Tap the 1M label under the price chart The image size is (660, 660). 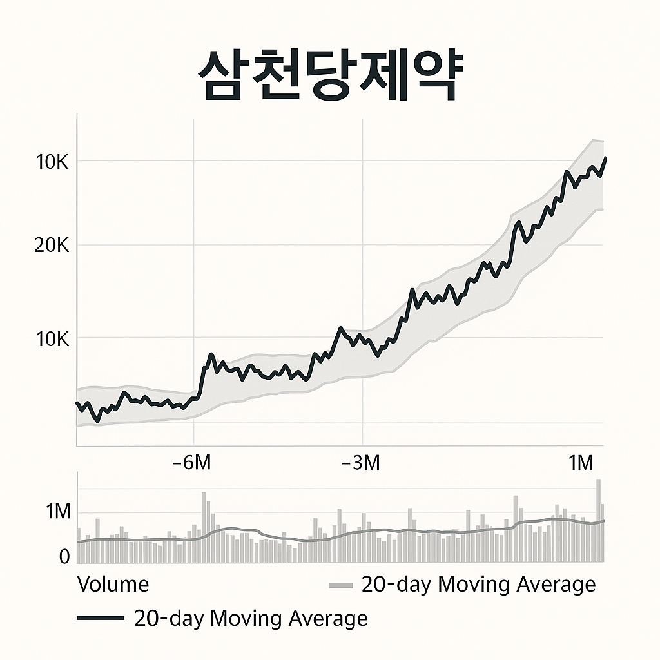(581, 463)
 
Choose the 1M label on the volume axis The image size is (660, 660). (57, 512)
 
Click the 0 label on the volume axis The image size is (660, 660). (64, 557)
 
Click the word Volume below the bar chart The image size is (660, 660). (113, 585)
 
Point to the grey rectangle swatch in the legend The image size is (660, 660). (341, 585)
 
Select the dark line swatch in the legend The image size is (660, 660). (100, 619)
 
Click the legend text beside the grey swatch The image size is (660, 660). (478, 585)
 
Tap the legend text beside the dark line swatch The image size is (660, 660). (251, 619)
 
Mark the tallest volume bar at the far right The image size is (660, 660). (598, 519)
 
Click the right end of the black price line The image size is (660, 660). (605, 158)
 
